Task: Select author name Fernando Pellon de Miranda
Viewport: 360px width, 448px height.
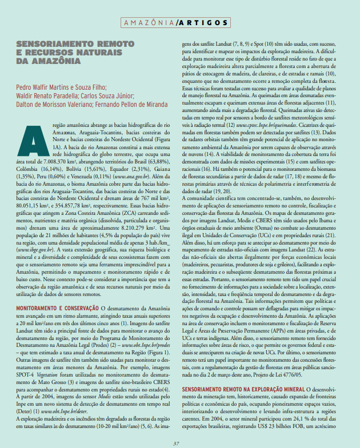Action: (x=129, y=105)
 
